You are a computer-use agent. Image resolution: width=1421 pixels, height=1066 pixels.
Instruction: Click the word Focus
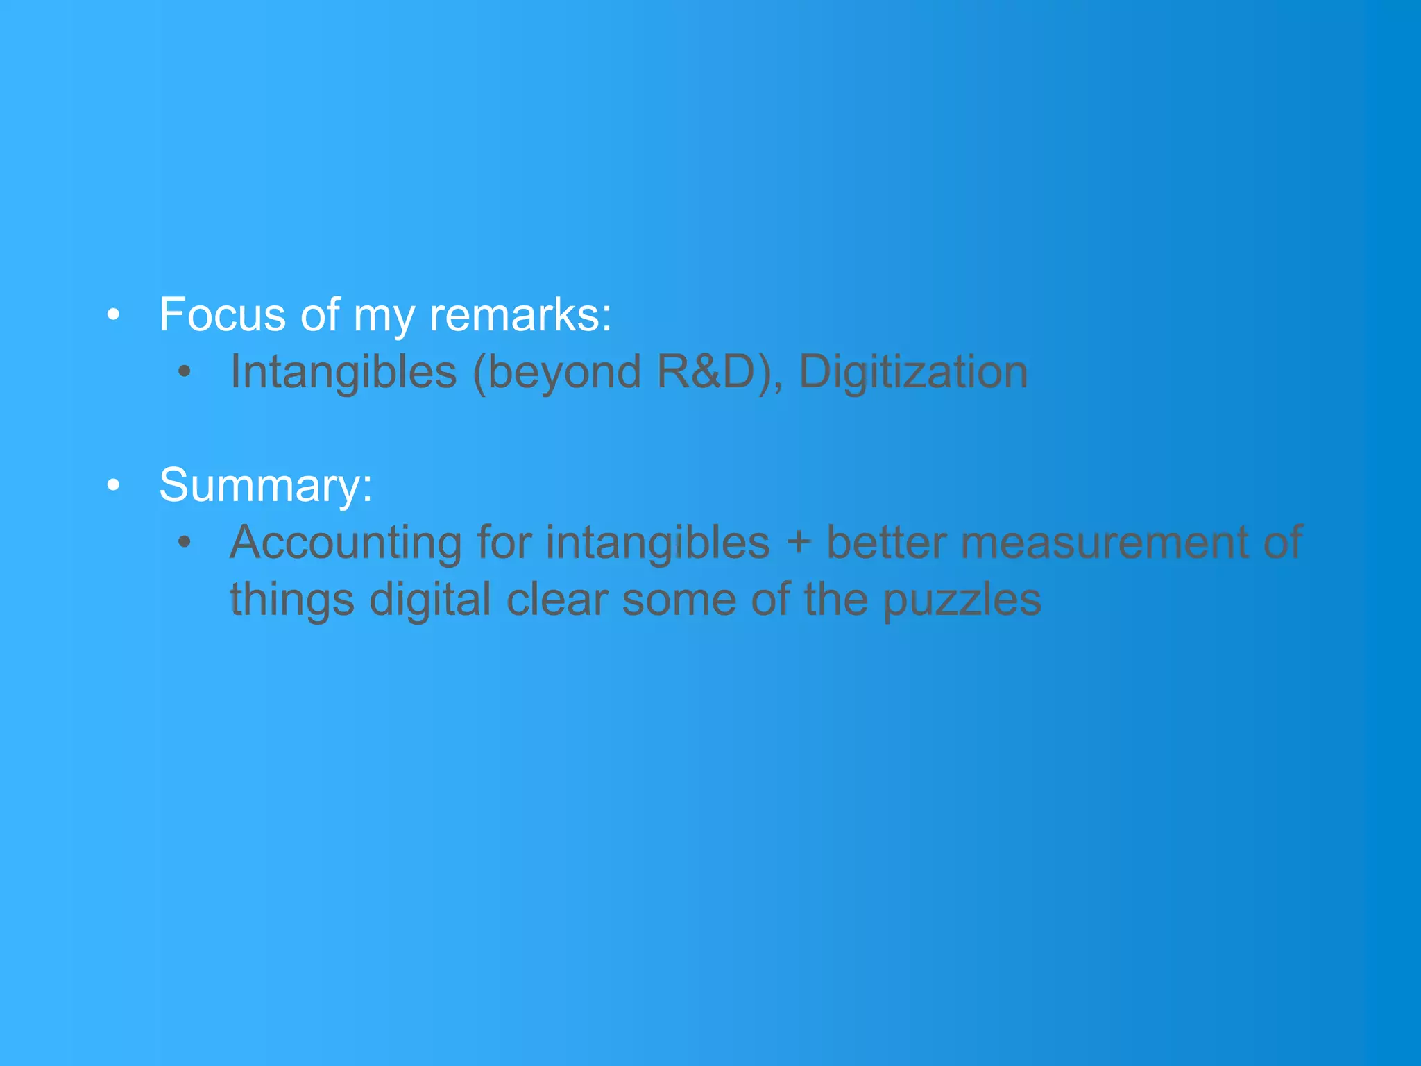coord(223,315)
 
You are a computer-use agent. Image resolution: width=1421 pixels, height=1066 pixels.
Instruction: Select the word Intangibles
coord(343,373)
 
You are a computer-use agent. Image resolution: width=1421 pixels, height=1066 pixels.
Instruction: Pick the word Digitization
coord(913,373)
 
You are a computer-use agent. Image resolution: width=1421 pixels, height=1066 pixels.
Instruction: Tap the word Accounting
coord(346,543)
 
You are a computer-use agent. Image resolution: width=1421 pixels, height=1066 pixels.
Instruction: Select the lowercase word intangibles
coord(657,543)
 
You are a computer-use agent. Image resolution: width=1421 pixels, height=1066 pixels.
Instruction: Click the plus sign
coord(799,543)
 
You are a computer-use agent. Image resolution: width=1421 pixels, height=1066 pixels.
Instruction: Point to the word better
coord(886,543)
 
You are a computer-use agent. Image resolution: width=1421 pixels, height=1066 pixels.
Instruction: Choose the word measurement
coord(1105,543)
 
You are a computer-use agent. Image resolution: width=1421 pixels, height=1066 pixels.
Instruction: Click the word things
coord(292,600)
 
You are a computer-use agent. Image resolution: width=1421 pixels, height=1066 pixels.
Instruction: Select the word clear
coord(556,599)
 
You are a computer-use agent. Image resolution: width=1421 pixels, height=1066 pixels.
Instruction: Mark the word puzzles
coord(962,600)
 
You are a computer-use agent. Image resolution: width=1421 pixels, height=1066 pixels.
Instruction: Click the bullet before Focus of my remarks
coord(114,315)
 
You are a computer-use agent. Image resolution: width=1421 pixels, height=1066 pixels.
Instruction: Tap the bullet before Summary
coord(114,485)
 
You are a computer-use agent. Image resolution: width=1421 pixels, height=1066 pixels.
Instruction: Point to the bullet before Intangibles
coord(184,372)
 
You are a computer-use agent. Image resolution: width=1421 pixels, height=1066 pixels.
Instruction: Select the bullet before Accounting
coord(184,542)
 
